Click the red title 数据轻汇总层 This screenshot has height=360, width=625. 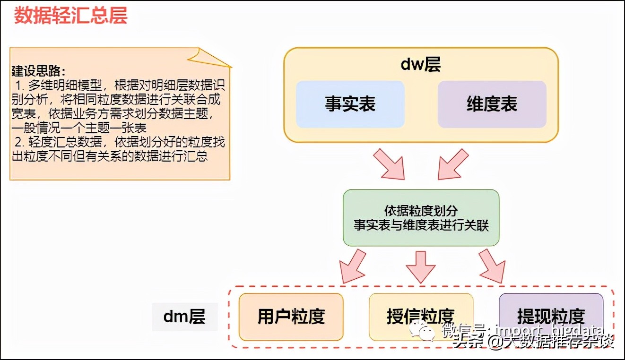click(x=70, y=16)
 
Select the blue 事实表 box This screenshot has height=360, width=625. click(x=350, y=104)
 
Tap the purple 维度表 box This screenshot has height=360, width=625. click(x=492, y=104)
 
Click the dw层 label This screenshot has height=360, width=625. click(x=420, y=64)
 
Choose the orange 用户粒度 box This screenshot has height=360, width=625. click(x=291, y=317)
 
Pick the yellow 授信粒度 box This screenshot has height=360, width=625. click(x=420, y=317)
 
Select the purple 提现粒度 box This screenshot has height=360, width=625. click(x=551, y=316)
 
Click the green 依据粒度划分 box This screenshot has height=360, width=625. click(x=421, y=218)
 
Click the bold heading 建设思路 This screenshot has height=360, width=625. click(x=38, y=71)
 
